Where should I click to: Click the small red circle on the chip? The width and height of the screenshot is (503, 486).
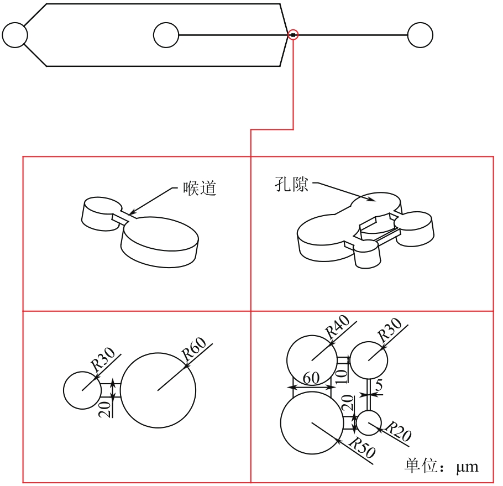point(293,35)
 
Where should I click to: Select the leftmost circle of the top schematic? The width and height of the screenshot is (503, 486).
point(15,35)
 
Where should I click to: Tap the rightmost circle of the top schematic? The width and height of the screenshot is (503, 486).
point(420,35)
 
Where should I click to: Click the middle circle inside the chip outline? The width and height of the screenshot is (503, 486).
point(166,35)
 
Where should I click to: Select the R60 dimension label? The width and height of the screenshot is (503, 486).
point(195,349)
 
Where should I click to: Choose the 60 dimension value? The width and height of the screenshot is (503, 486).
point(311,379)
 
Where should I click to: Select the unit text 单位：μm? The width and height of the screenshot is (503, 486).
point(441,466)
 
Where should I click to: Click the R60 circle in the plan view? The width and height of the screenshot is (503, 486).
point(158,390)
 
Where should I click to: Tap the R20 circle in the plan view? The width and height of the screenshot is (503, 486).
point(370,422)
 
